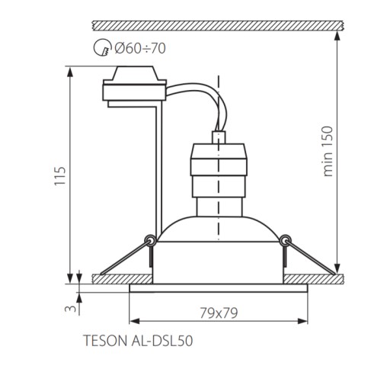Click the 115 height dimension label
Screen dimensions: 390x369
click(x=60, y=176)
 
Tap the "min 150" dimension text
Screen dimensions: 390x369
click(x=328, y=151)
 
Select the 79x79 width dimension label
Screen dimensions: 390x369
click(x=219, y=313)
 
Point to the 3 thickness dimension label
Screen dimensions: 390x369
click(x=70, y=309)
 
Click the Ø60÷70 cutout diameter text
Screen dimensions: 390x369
click(x=140, y=48)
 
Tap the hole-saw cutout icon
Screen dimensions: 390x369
click(x=102, y=47)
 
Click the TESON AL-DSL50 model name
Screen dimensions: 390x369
click(x=138, y=341)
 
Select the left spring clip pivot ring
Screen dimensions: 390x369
click(x=150, y=239)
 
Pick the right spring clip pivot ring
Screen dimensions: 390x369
click(x=286, y=239)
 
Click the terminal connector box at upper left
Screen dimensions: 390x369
click(x=135, y=86)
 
